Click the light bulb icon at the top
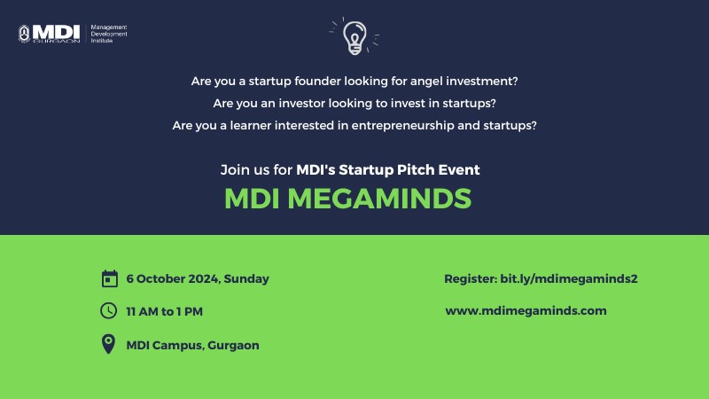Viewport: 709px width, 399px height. point(354,38)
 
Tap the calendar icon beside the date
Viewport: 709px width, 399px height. point(109,278)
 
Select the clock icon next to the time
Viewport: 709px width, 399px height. point(108,311)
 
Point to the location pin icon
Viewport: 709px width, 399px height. point(108,344)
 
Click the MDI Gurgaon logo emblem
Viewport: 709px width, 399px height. point(24,34)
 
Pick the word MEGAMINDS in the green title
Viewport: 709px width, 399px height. point(379,199)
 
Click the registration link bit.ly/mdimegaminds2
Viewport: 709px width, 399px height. point(569,278)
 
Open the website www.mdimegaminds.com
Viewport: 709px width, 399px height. point(526,311)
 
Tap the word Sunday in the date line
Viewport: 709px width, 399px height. point(246,278)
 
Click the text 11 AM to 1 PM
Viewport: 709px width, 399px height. point(165,312)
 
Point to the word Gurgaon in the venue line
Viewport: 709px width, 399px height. point(233,346)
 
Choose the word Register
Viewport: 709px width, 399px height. point(471,279)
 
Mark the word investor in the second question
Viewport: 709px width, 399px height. point(301,103)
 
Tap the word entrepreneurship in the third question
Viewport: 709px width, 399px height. point(402,126)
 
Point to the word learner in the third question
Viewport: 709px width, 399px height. point(251,125)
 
